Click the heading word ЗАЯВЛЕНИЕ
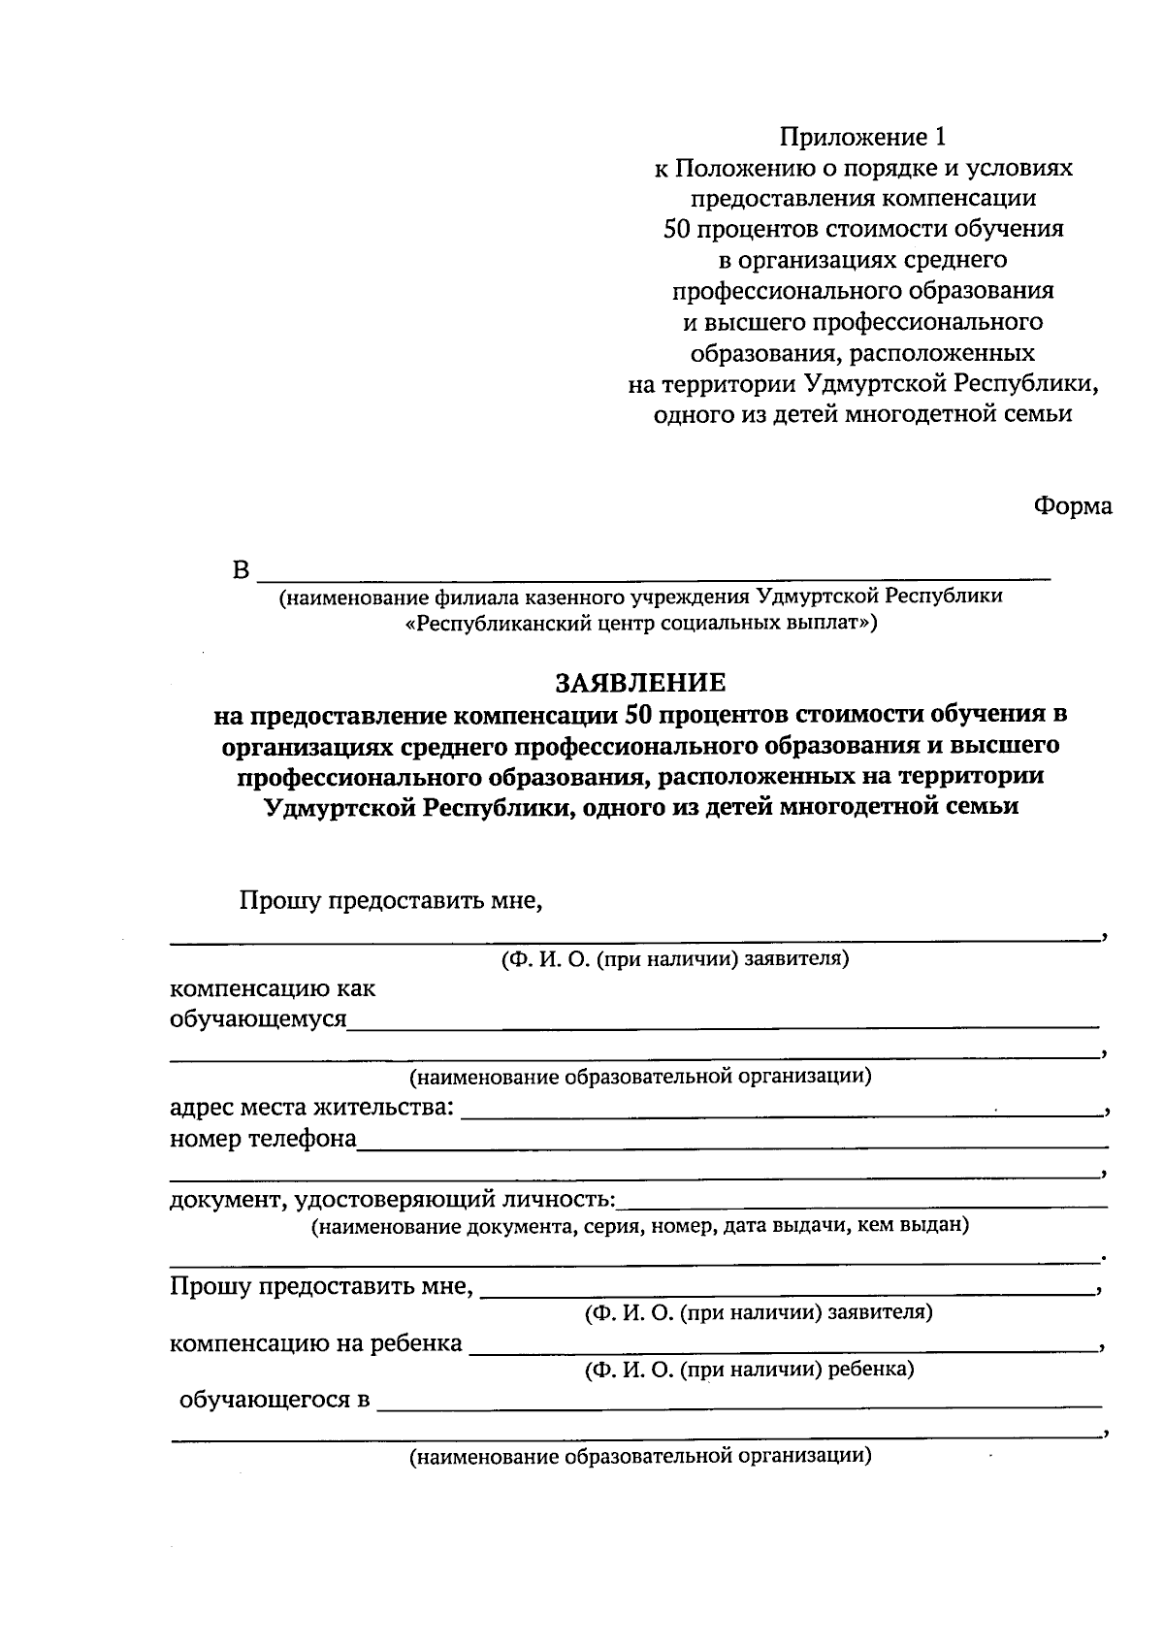(x=639, y=683)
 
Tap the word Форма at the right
(x=1072, y=506)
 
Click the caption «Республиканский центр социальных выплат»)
(x=640, y=623)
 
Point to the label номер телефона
(x=263, y=1138)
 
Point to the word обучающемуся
(x=258, y=1019)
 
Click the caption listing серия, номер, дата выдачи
(x=639, y=1225)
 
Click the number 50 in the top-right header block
(x=676, y=229)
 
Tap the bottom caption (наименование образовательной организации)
(x=639, y=1456)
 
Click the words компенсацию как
(x=273, y=989)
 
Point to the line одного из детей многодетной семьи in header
(x=862, y=414)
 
